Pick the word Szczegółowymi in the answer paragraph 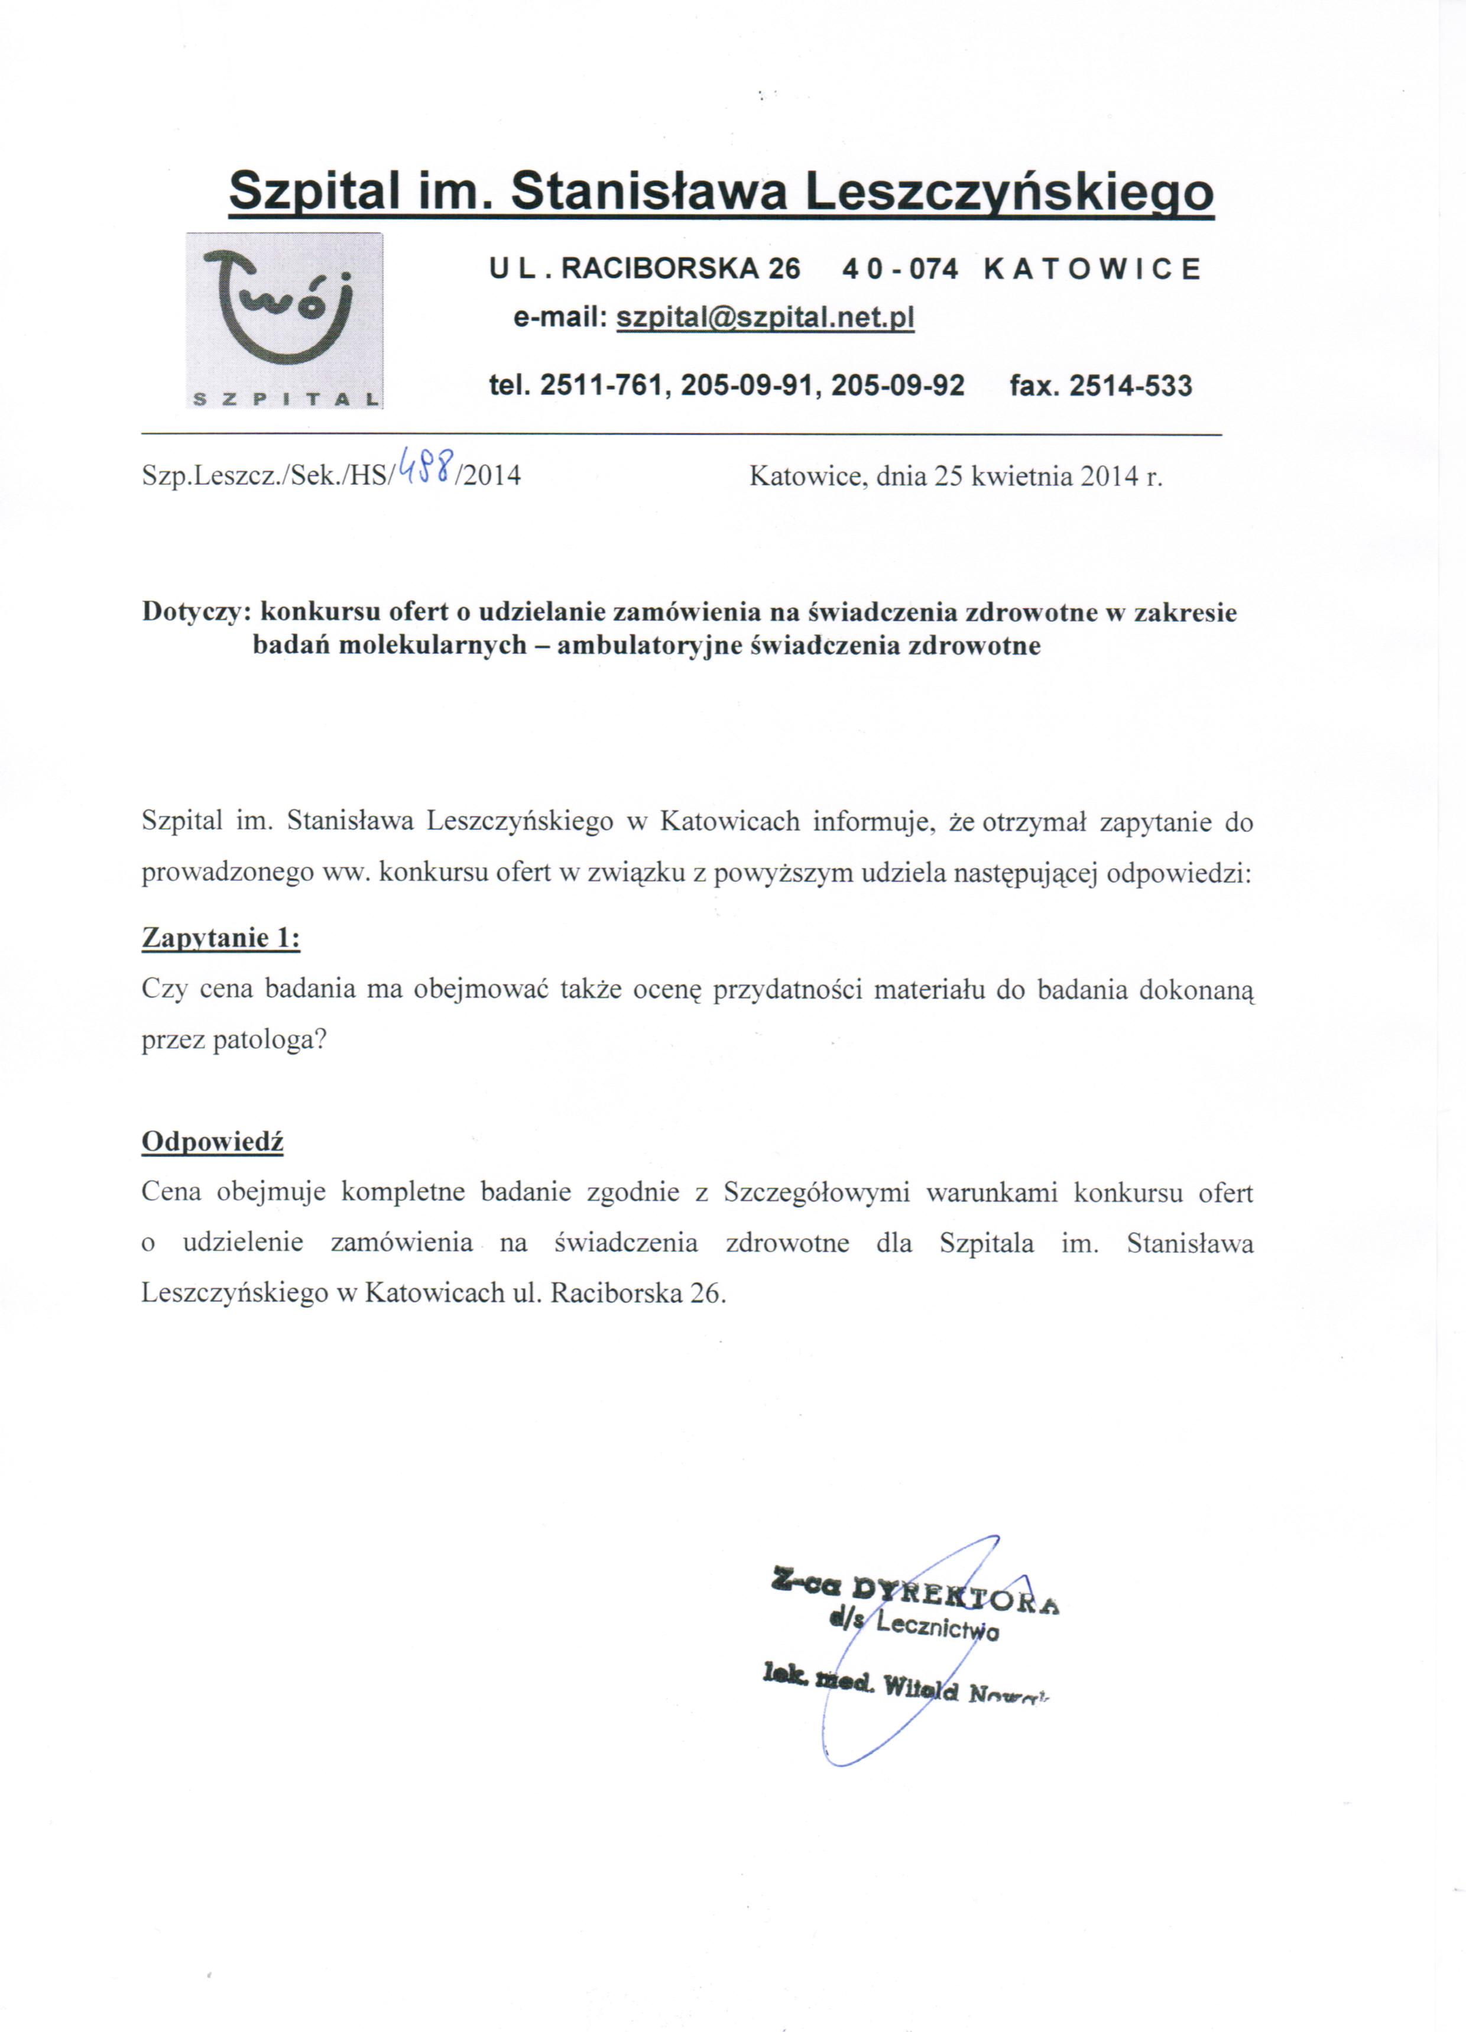[816, 1194]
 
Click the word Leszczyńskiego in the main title [1010, 191]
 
